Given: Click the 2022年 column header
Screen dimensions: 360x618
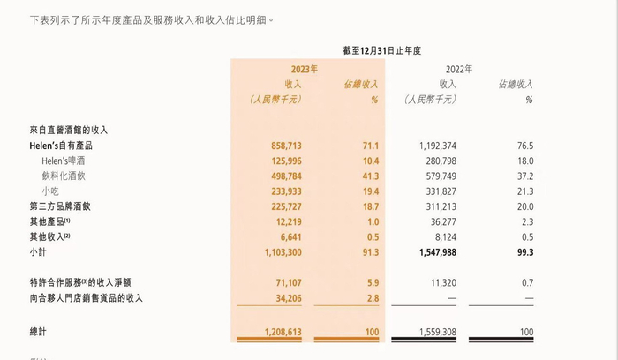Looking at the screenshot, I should [x=461, y=68].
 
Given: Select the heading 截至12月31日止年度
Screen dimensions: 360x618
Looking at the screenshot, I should [x=381, y=51].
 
